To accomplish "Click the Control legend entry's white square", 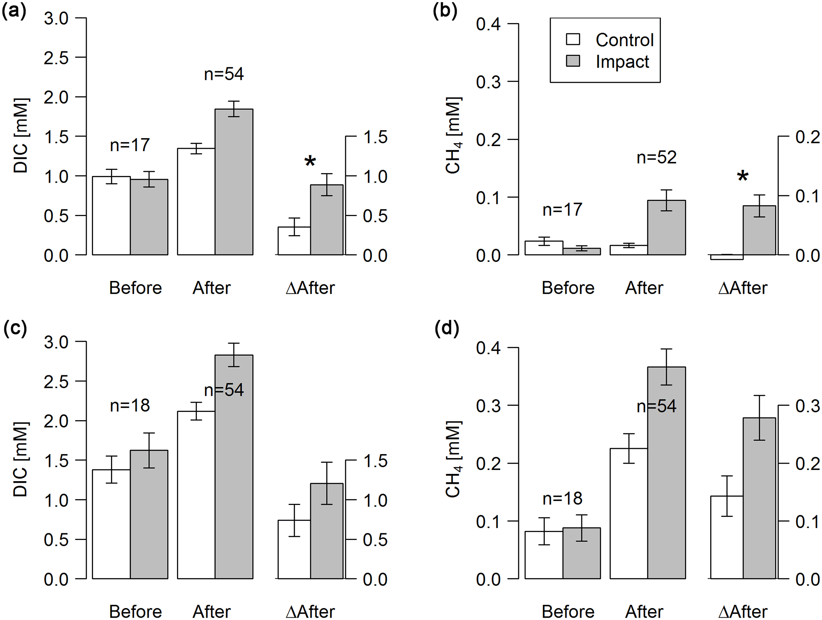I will click(x=573, y=39).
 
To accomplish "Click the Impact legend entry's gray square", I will click(x=573, y=61).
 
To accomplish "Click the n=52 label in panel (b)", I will click(x=656, y=158).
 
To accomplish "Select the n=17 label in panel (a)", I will click(x=130, y=145).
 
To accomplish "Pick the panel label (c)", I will click(x=15, y=329).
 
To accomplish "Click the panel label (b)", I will click(x=445, y=11).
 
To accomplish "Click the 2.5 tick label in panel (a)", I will click(x=56, y=58).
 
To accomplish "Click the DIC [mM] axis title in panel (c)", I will click(x=21, y=460).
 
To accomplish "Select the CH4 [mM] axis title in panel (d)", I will click(x=453, y=460).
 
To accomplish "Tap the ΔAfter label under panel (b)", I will click(x=742, y=288).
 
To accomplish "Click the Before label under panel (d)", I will click(x=567, y=611).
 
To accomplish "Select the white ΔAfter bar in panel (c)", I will click(x=294, y=549).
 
